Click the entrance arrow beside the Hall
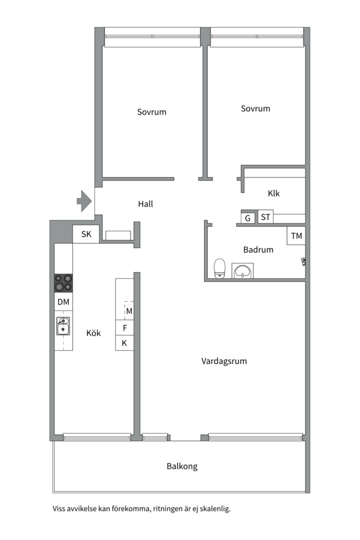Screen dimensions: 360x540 (84, 201)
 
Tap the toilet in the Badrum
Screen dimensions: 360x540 (219, 268)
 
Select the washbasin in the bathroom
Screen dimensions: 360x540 (242, 270)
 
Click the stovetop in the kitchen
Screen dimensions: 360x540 (63, 283)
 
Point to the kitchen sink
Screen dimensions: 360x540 (63, 326)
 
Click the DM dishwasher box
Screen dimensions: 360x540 (63, 301)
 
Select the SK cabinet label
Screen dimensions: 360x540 (86, 234)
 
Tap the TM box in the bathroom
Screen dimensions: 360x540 (296, 235)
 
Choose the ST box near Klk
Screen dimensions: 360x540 (265, 217)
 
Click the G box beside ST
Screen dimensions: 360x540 (247, 217)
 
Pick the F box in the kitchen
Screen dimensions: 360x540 (124, 328)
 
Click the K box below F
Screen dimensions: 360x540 (124, 343)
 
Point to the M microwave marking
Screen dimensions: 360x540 (129, 311)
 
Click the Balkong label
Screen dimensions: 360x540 (182, 466)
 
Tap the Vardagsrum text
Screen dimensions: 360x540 (224, 361)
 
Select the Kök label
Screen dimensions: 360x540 (93, 333)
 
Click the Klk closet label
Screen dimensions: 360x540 (274, 193)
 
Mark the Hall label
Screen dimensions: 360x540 (145, 204)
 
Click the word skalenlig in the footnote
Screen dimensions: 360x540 (213, 508)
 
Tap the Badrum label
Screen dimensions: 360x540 (258, 249)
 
